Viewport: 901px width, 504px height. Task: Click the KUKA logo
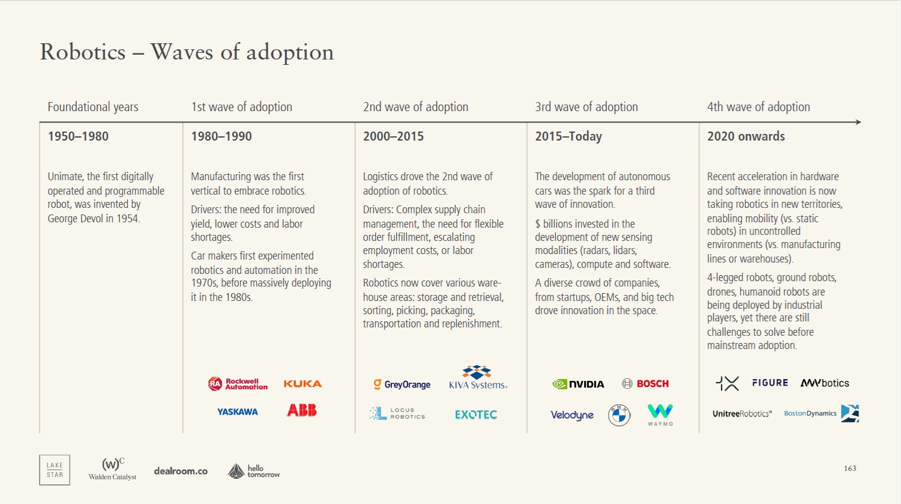point(303,384)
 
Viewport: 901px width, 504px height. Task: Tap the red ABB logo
point(301,411)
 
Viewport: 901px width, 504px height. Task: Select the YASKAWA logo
point(238,412)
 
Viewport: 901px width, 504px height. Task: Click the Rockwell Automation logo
point(238,384)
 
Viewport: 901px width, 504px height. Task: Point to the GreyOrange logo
point(402,384)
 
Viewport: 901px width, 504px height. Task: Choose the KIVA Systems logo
point(478,378)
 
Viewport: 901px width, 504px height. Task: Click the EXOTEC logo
point(476,414)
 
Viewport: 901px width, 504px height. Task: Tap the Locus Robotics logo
point(397,413)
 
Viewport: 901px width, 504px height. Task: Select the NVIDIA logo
point(578,384)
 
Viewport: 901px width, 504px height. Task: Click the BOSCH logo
point(645,384)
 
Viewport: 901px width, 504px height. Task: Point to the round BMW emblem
point(619,415)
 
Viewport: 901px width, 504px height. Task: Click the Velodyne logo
point(572,415)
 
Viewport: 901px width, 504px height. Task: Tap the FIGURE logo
point(770,383)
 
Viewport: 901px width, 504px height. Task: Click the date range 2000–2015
point(393,136)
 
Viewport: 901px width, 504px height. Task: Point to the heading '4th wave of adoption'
point(758,107)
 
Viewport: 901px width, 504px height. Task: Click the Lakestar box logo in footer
point(55,470)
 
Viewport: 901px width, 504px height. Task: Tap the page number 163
point(850,469)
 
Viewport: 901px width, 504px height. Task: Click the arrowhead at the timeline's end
point(858,122)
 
